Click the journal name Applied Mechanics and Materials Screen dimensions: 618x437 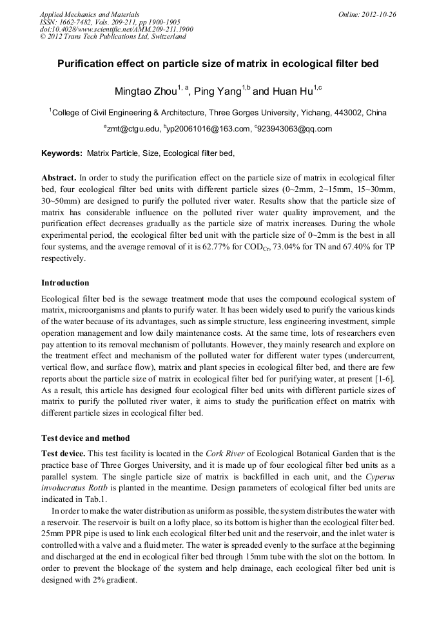[90, 14]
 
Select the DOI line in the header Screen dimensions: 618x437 [117, 29]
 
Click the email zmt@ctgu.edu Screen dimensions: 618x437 [132, 129]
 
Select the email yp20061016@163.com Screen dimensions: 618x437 [208, 129]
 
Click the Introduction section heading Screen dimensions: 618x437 [65, 282]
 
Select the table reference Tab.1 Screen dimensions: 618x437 [94, 499]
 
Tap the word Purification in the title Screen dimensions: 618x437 [86, 64]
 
